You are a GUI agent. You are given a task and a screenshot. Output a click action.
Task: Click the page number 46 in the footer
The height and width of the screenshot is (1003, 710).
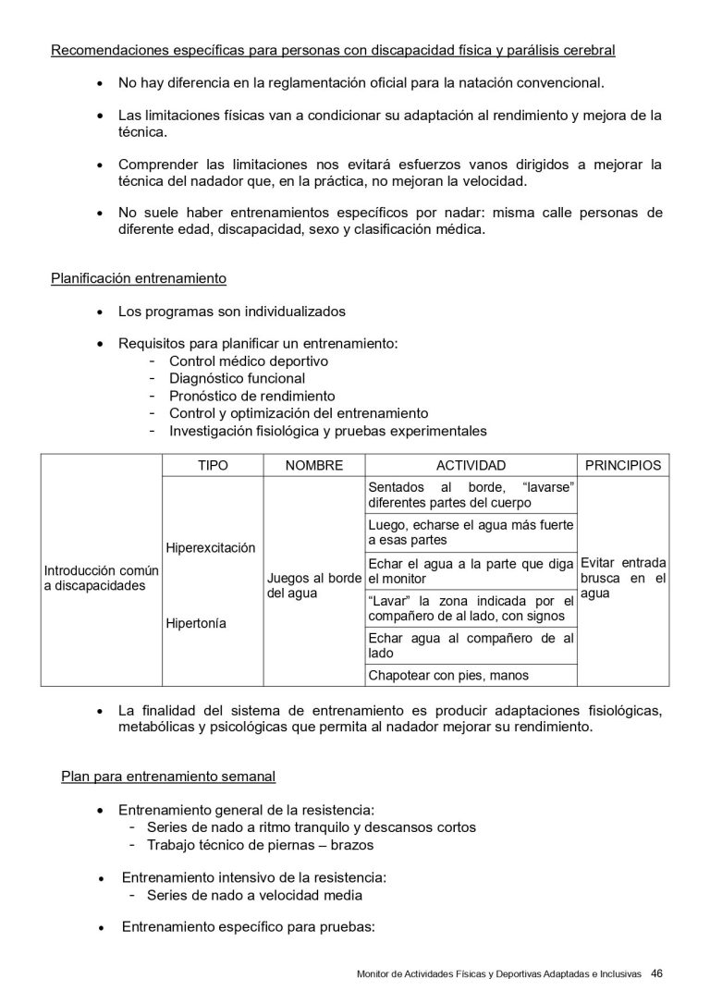tap(656, 972)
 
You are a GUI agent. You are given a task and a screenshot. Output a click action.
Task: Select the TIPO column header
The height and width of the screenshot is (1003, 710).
tap(213, 466)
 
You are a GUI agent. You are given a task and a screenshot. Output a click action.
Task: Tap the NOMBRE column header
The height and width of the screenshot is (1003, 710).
tap(314, 466)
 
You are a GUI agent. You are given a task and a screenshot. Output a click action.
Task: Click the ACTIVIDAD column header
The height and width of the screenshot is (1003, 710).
tap(471, 466)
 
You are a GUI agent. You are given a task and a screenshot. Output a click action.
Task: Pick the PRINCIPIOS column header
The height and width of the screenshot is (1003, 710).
tap(623, 466)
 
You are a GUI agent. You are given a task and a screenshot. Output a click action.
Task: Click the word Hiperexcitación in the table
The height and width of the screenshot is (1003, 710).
tap(210, 547)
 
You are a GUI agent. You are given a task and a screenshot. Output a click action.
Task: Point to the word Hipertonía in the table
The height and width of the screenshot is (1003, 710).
tap(196, 623)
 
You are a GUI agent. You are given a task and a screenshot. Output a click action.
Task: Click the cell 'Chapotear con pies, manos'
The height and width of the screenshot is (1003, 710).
tap(448, 675)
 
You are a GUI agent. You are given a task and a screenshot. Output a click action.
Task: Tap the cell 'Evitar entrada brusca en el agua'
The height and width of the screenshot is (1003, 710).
tap(622, 579)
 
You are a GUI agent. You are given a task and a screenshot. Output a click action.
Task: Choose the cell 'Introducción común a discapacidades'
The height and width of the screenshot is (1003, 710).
tap(102, 579)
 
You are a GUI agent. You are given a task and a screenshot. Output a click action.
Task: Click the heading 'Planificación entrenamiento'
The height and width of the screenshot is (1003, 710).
tap(139, 277)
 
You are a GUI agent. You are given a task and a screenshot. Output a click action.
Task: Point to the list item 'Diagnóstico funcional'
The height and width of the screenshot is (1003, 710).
tap(237, 378)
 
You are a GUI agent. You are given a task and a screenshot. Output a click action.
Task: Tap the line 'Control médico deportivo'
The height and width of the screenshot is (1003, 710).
tap(249, 361)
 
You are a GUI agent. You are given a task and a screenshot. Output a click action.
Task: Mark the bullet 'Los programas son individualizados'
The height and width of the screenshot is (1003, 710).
tap(232, 311)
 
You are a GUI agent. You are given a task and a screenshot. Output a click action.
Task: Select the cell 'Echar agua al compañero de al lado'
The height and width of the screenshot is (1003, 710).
tap(471, 645)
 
